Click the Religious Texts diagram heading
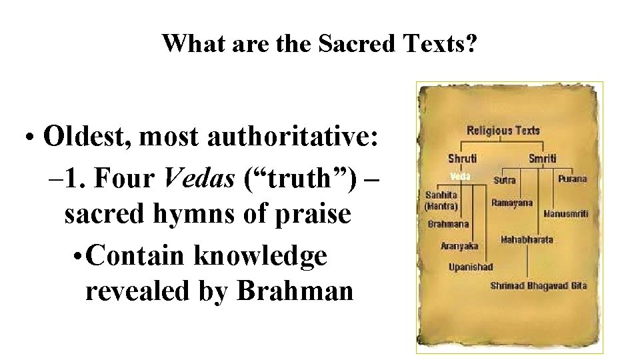(503, 131)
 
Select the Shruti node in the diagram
(462, 159)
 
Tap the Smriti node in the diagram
(542, 159)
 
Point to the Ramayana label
(512, 203)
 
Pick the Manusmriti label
(566, 213)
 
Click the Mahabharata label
(527, 239)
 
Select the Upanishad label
(471, 267)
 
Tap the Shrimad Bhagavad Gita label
(539, 285)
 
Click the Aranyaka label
(459, 246)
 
